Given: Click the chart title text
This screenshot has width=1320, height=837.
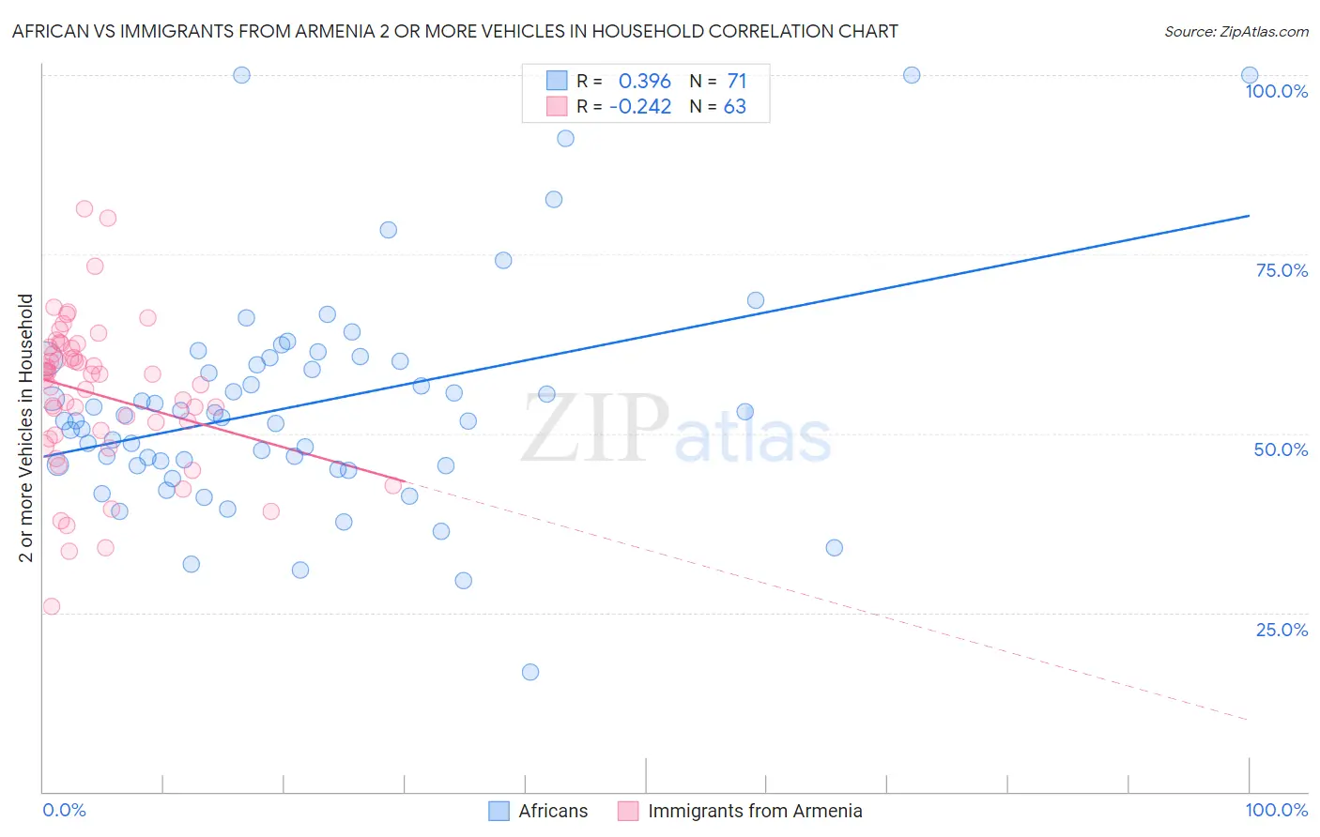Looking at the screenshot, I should [x=454, y=32].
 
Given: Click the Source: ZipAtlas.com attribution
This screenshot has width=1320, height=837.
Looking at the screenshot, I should [x=1236, y=32].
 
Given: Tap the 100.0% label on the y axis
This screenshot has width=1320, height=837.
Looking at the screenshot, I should [x=1276, y=91].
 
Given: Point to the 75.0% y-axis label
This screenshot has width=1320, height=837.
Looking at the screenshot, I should [x=1282, y=270].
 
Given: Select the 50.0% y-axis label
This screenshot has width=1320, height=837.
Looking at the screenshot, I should [x=1281, y=449].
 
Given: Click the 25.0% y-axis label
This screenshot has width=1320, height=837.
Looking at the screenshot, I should [x=1282, y=630].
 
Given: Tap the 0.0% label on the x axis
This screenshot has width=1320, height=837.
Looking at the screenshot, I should [x=64, y=810].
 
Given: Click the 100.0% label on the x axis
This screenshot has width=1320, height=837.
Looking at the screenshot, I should [x=1276, y=810].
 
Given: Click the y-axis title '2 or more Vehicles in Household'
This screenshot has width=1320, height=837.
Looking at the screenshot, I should [x=26, y=428].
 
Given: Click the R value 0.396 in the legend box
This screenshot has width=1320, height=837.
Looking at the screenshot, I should [x=644, y=82].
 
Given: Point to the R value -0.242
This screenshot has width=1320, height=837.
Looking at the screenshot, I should [x=640, y=107].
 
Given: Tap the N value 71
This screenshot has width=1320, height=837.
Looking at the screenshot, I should [x=737, y=82].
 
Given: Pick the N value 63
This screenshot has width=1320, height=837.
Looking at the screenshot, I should [x=735, y=107].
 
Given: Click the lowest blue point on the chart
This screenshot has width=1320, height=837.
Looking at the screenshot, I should [x=530, y=672].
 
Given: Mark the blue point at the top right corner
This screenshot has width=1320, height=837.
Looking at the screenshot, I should [x=1250, y=75].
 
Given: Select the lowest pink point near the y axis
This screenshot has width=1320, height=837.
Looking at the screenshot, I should [x=52, y=606].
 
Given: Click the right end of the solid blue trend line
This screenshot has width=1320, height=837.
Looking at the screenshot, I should [x=1249, y=216].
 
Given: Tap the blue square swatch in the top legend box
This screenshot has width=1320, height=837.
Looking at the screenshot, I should [x=557, y=82].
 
